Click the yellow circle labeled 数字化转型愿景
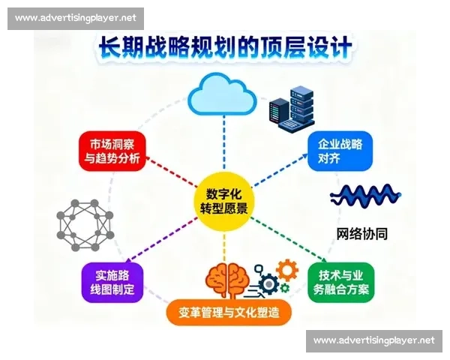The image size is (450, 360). [x=225, y=197]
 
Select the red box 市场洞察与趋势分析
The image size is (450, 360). [x=111, y=150]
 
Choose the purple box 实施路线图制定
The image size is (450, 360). [x=112, y=283]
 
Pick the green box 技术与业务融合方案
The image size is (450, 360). [x=340, y=281]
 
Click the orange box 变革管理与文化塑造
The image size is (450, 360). [x=228, y=312]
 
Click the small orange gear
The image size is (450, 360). [x=286, y=268]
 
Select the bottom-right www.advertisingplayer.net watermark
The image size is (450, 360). [x=373, y=340]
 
